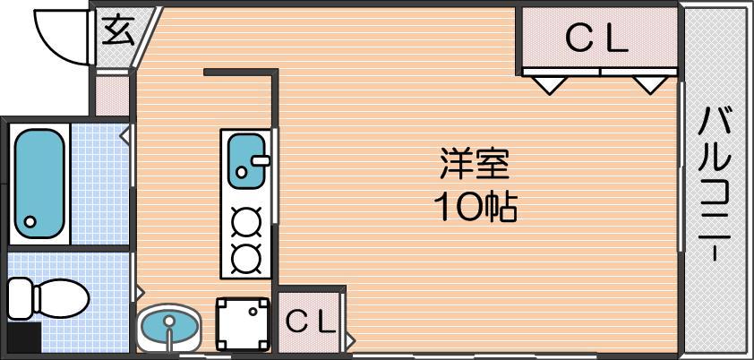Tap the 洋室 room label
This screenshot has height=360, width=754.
point(475,164)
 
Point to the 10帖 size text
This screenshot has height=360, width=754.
point(476,207)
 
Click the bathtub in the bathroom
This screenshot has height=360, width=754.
point(39,184)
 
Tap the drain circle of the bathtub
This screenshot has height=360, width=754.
point(30,222)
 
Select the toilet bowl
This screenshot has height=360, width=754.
point(61,298)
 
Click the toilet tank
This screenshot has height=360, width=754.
point(21,298)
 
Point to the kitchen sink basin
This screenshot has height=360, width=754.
point(245,161)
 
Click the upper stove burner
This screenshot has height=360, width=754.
point(246,222)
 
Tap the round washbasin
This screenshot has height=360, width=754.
point(168,328)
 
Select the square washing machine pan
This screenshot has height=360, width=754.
point(243,324)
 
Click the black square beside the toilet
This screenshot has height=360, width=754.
point(24,338)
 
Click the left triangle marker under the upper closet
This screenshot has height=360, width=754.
point(550,85)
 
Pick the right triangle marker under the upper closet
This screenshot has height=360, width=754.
point(650,85)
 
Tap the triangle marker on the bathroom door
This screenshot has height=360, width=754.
point(125,135)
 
